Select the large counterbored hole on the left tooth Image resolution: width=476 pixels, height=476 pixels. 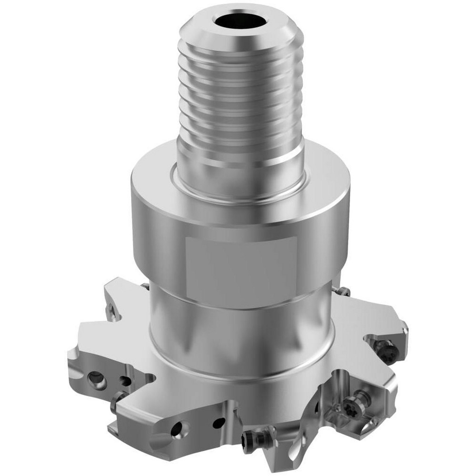pos(97,379)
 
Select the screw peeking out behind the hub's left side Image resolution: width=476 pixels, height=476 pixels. pos(144,286)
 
